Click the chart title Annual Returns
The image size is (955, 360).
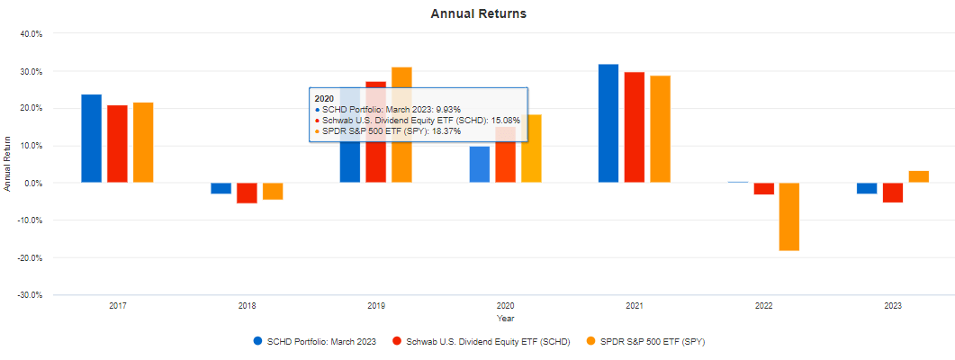click(x=478, y=13)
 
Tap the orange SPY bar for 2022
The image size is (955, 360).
click(x=789, y=216)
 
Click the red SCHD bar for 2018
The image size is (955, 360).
click(x=247, y=193)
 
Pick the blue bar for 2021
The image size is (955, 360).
click(x=608, y=123)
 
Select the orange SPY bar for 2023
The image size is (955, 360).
click(x=919, y=176)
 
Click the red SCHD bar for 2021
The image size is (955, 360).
click(x=635, y=127)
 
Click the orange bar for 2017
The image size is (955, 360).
click(x=143, y=142)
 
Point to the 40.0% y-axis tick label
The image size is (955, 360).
click(x=32, y=34)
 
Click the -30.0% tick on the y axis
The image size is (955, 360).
click(x=31, y=295)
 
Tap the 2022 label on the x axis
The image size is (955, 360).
click(x=763, y=307)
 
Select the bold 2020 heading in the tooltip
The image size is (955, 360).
click(x=323, y=97)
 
